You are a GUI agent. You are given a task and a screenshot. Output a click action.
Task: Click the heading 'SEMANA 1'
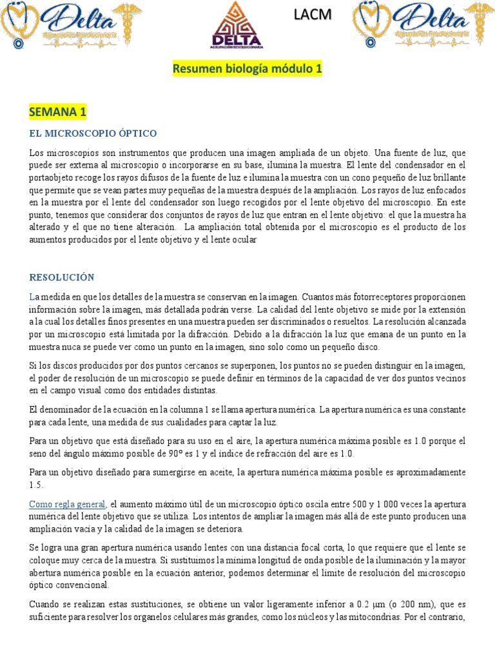point(57,113)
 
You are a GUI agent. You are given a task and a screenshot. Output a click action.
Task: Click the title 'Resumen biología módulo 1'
point(247,69)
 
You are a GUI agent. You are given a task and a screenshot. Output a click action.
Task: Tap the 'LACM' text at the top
point(312,15)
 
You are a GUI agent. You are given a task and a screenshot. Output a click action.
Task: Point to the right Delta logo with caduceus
point(423,26)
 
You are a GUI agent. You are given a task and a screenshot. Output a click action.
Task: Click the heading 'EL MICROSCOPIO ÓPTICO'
point(93,133)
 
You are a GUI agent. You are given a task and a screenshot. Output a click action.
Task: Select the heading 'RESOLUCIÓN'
point(62,278)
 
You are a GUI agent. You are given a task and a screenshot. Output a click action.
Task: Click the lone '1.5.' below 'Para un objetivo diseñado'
point(36,485)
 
